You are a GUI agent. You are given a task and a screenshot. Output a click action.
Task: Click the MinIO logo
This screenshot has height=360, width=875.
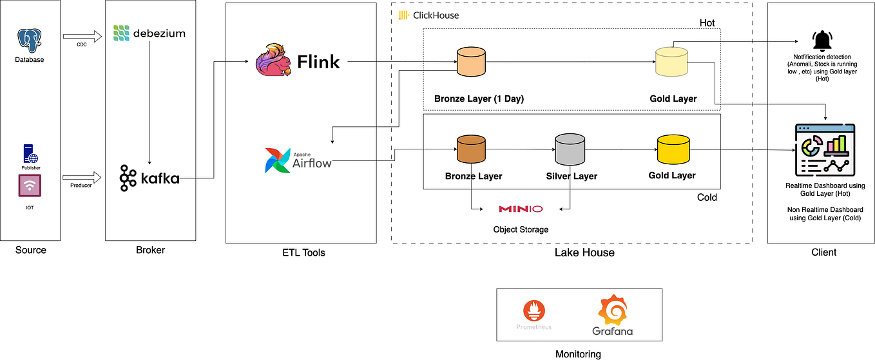coord(521,209)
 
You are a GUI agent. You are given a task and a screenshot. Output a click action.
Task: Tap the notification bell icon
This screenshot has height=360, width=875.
coord(822,41)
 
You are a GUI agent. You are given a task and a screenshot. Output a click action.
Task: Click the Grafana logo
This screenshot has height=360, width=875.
coord(612,316)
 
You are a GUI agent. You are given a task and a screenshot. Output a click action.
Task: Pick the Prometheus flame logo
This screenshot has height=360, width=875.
coord(534,310)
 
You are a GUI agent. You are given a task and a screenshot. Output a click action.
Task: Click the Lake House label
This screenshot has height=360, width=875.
coord(584,252)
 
